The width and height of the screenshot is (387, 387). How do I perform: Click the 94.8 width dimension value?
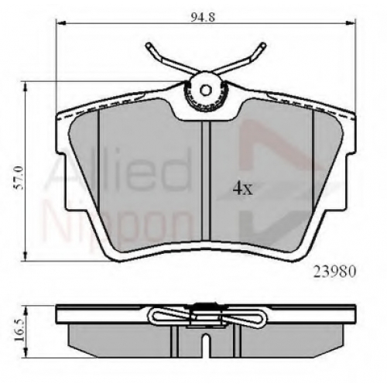203,17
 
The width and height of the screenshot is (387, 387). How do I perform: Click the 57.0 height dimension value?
19,178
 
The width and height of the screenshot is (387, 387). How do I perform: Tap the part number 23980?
334,272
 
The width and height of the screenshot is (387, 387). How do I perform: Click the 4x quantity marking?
243,189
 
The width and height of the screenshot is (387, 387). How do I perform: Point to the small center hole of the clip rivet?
206,90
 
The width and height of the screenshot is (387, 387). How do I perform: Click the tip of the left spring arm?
148,45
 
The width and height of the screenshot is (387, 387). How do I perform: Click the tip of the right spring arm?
263,45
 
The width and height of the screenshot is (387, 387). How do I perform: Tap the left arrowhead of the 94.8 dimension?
60,24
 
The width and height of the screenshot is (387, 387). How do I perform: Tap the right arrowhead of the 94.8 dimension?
351,24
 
